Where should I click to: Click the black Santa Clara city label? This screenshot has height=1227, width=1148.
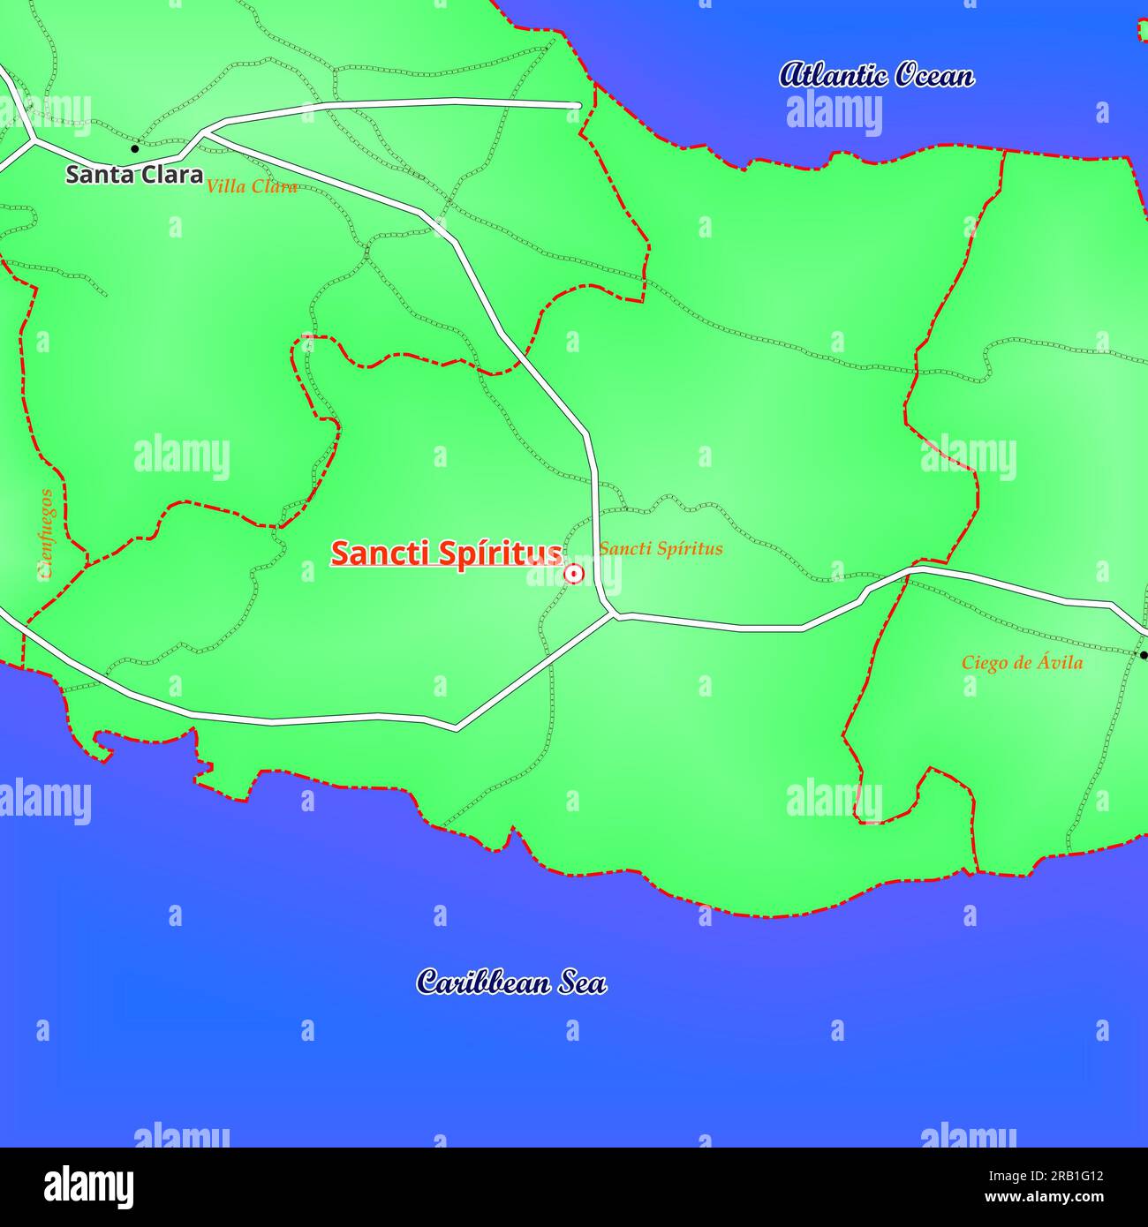tap(134, 174)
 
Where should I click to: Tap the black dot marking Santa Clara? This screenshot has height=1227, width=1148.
tap(135, 148)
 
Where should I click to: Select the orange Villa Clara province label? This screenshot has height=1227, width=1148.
tap(252, 186)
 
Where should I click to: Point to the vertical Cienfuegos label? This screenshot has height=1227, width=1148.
tap(46, 533)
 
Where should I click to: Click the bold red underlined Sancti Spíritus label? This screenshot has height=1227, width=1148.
tap(446, 553)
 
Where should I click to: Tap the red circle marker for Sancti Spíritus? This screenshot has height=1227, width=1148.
tap(573, 574)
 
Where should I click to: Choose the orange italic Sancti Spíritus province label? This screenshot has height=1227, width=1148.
tap(661, 548)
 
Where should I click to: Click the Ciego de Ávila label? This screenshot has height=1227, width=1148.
tap(1022, 662)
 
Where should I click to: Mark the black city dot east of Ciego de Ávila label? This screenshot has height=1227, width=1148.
tap(1143, 655)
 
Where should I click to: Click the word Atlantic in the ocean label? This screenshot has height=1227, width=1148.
tap(830, 75)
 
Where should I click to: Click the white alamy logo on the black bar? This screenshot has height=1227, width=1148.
tap(89, 1186)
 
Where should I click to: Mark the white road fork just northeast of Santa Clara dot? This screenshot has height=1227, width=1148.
tap(205, 132)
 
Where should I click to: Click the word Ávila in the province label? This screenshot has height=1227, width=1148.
tap(1060, 662)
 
